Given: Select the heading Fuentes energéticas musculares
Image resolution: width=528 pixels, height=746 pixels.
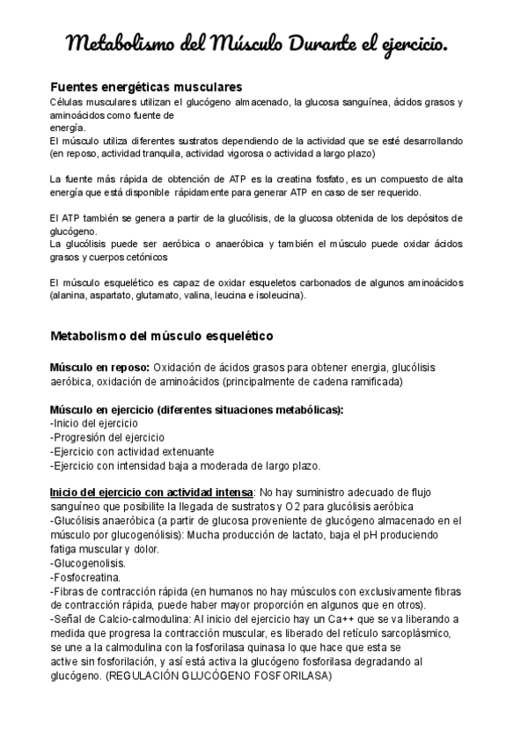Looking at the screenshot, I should click(146, 88).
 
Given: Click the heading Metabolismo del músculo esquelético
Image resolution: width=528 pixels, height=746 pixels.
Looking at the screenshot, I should click(162, 337).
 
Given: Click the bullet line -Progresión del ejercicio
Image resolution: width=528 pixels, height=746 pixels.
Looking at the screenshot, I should click(106, 437).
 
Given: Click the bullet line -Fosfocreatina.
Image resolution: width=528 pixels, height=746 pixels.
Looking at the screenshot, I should click(85, 577).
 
